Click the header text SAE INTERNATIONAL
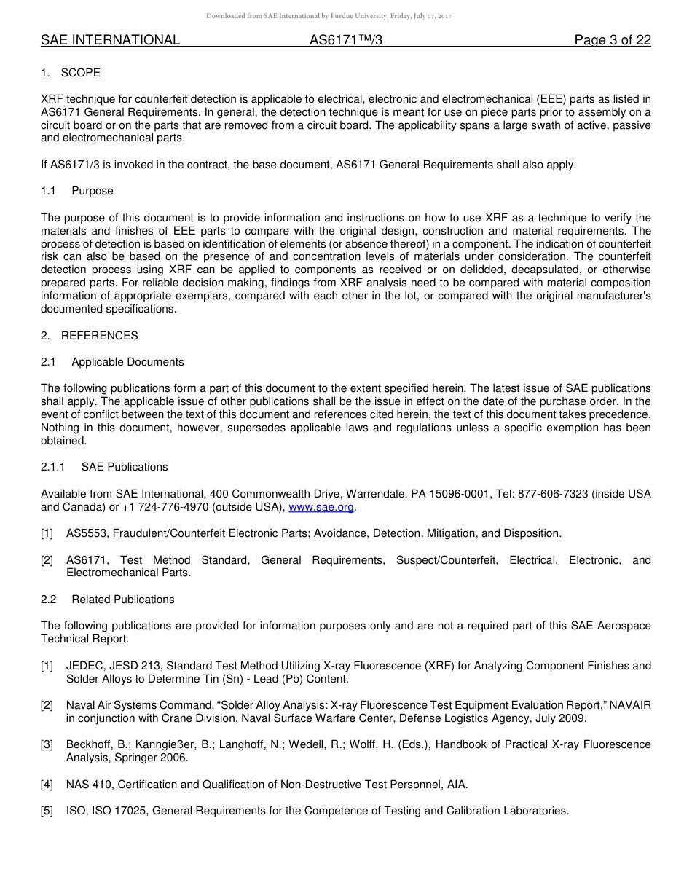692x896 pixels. (x=110, y=40)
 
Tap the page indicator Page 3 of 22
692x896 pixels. (x=612, y=40)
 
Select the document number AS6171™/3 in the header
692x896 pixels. (x=346, y=40)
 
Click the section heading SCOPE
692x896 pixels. (x=80, y=73)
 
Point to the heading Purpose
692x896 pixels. (x=93, y=191)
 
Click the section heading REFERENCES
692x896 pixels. (x=99, y=336)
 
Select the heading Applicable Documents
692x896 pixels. (x=127, y=362)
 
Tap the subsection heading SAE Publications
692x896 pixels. (x=125, y=467)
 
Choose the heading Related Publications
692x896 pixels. (x=123, y=600)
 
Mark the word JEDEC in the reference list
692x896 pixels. (x=84, y=666)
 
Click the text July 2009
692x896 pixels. (x=561, y=718)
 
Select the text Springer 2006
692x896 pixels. (x=152, y=758)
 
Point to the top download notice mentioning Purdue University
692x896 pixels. (x=329, y=16)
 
